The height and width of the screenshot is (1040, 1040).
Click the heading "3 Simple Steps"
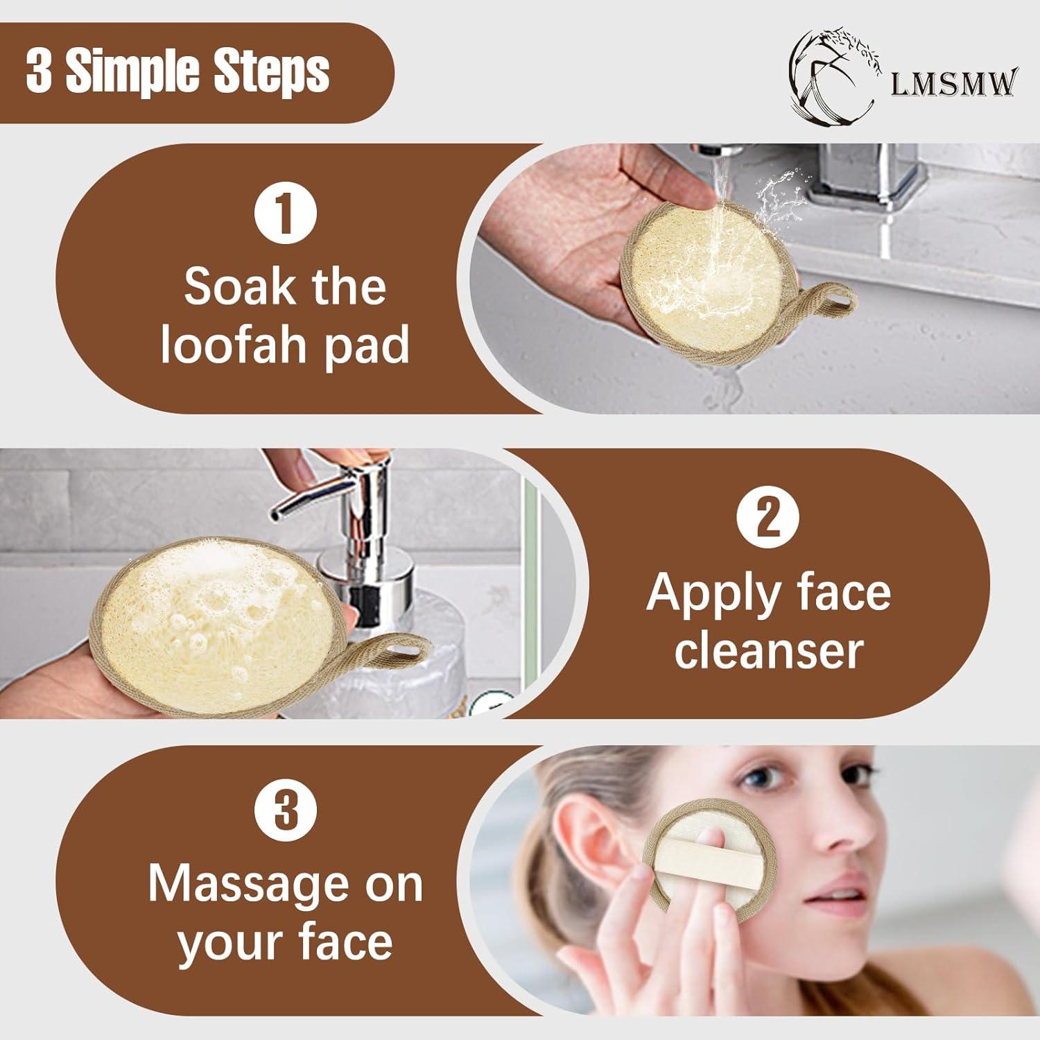point(177,71)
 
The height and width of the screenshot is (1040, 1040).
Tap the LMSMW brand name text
point(954,83)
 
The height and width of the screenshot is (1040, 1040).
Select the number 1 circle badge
point(285,214)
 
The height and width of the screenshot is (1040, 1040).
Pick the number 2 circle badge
point(768,517)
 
